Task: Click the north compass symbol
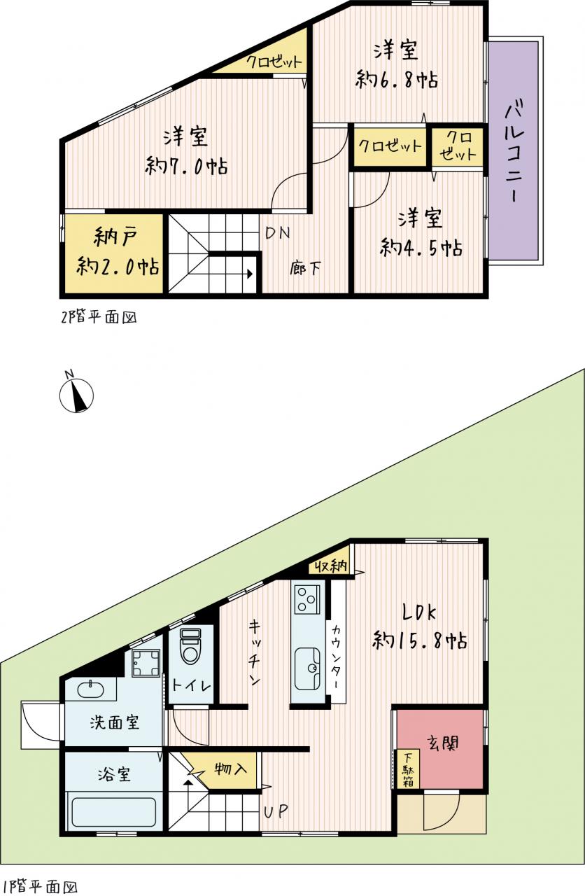coord(76,394)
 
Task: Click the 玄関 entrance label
coord(443,743)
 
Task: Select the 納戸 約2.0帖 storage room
coord(114,253)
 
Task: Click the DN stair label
coord(278,233)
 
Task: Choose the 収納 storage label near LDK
coord(331,566)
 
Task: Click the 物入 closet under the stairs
coord(230,768)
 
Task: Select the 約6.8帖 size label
coord(396,80)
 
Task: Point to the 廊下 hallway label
coord(304,268)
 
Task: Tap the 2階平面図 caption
coord(99,317)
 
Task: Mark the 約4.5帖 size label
coord(421,247)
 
